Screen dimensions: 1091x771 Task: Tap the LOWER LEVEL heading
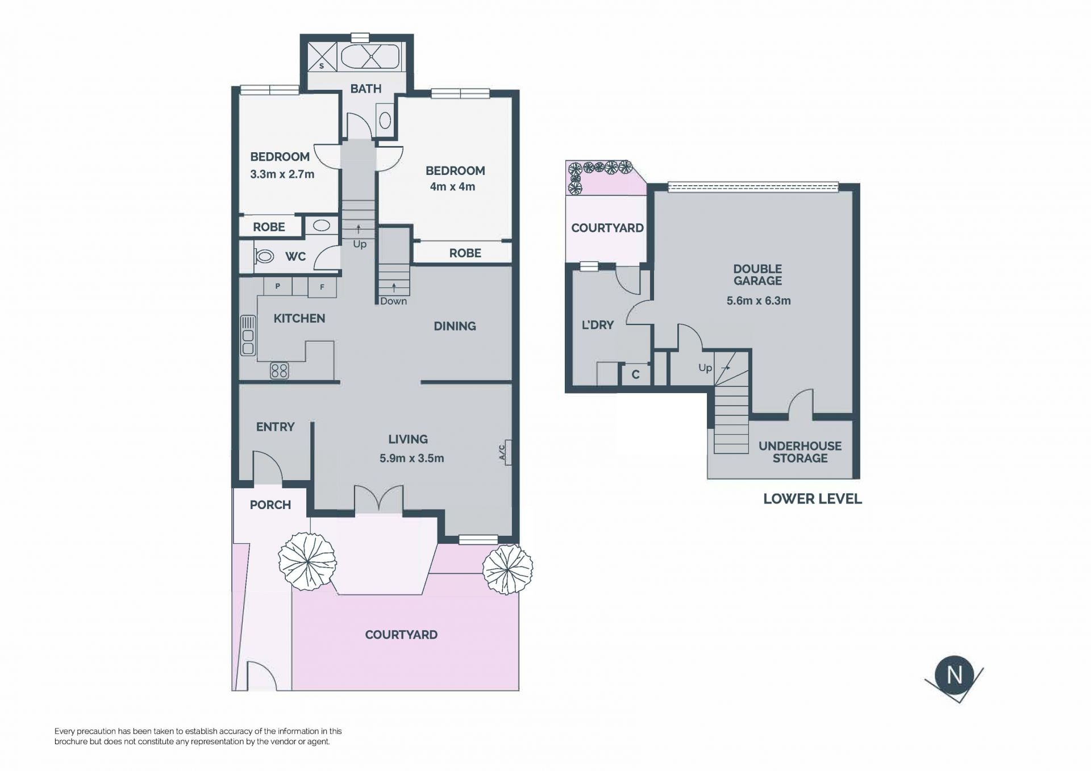(813, 499)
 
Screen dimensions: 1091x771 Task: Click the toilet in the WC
(264, 256)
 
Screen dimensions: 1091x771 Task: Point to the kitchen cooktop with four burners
(279, 371)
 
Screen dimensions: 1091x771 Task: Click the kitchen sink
(248, 336)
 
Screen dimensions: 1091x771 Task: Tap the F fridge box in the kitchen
(322, 287)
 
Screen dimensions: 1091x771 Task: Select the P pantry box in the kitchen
(278, 286)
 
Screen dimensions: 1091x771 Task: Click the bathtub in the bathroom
(370, 57)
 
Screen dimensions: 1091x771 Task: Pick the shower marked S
(322, 57)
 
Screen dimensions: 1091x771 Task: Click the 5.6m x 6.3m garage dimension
(759, 301)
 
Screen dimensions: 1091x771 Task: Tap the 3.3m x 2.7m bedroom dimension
(282, 174)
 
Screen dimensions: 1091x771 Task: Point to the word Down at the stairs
(394, 301)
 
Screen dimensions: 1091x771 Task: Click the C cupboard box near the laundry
(635, 374)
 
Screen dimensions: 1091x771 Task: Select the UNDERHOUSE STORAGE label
(800, 452)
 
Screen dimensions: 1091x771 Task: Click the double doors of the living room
(379, 499)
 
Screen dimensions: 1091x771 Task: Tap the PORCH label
(270, 505)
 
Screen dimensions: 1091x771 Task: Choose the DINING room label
(455, 326)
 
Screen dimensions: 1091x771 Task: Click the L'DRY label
(598, 325)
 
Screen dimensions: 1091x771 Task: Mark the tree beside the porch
(307, 561)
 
